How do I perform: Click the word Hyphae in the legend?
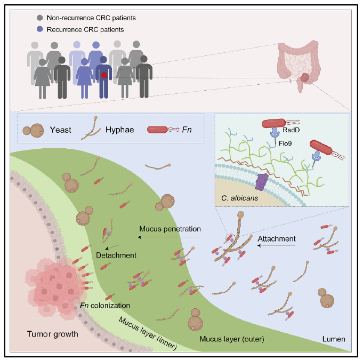(118, 130)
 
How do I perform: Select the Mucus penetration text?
(170, 228)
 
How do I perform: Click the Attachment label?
(277, 238)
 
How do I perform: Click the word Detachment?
(116, 255)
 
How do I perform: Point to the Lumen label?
(334, 339)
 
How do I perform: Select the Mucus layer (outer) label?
(232, 339)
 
